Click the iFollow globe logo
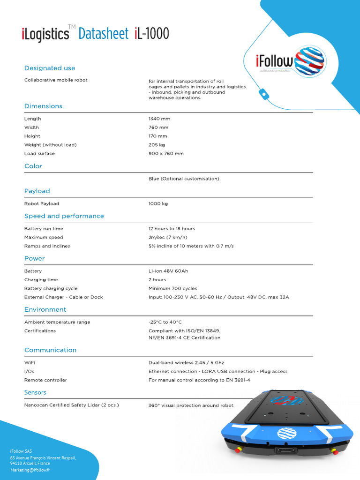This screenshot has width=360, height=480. point(309,61)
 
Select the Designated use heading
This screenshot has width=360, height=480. point(50,68)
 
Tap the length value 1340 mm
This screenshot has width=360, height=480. point(159,119)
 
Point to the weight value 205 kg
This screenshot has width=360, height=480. point(157,145)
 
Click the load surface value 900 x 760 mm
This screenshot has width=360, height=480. point(166,154)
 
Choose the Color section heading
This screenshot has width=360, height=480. point(33,166)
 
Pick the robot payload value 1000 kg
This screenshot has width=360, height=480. point(158,204)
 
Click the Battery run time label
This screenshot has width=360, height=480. point(44,229)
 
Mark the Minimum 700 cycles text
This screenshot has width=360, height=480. point(172,289)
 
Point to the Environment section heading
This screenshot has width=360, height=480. point(45,310)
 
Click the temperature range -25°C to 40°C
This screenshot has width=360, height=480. point(165,322)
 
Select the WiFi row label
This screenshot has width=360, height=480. point(30,363)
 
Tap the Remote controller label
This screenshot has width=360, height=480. point(45,380)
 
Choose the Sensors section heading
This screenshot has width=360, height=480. point(35,393)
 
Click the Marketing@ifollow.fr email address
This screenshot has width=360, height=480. point(30,470)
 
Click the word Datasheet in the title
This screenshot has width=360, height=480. point(103,34)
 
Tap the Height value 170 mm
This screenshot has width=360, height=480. point(157,136)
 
